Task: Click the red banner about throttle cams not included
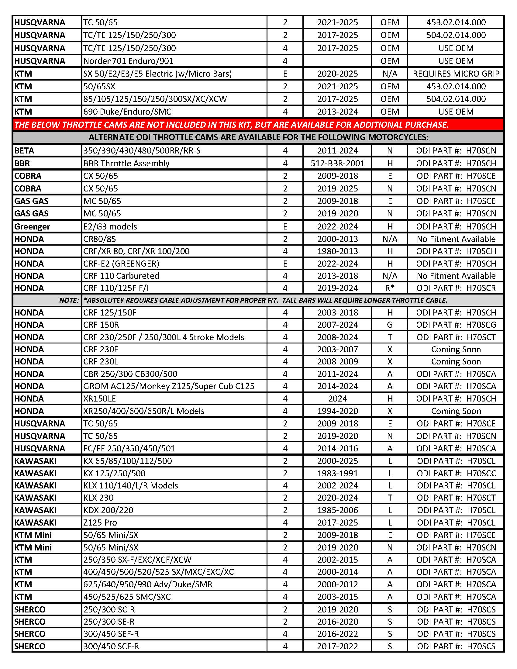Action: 231,125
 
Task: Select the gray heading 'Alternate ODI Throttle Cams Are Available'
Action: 258,137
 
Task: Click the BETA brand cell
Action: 24,151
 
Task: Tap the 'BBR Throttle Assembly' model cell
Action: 126,163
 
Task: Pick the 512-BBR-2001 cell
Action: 337,163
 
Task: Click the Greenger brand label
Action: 32,226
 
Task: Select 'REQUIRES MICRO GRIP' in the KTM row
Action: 456,74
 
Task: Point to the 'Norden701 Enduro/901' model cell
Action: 128,61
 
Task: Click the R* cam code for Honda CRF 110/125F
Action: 389,288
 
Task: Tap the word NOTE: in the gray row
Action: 69,301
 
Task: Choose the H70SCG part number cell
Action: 456,325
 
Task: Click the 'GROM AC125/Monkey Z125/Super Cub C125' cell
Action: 169,386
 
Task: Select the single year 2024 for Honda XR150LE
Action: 337,398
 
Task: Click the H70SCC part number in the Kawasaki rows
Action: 456,473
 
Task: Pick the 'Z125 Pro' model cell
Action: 100,522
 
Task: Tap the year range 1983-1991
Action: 337,473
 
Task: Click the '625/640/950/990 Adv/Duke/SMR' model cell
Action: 148,584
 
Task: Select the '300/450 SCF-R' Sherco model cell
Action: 111,646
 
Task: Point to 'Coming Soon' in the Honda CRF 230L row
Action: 456,361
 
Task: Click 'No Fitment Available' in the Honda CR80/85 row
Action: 456,239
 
